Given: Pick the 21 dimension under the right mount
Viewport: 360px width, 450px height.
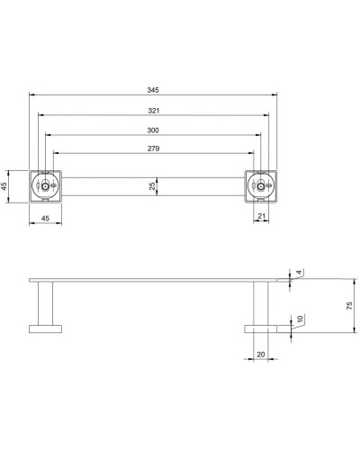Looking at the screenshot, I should [x=260, y=216].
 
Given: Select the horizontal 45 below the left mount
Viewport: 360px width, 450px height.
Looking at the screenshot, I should [x=45, y=218].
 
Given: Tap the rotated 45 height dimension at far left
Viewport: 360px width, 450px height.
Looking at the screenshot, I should [x=5, y=186].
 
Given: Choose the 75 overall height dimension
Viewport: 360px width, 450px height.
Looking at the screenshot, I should [x=351, y=306].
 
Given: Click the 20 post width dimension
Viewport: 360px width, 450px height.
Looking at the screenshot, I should [x=260, y=354].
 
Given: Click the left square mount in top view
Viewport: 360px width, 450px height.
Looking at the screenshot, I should [x=46, y=186].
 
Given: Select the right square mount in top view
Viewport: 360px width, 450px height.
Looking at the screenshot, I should [x=262, y=186].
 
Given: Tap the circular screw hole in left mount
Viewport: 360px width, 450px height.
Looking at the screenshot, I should [x=42, y=186].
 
